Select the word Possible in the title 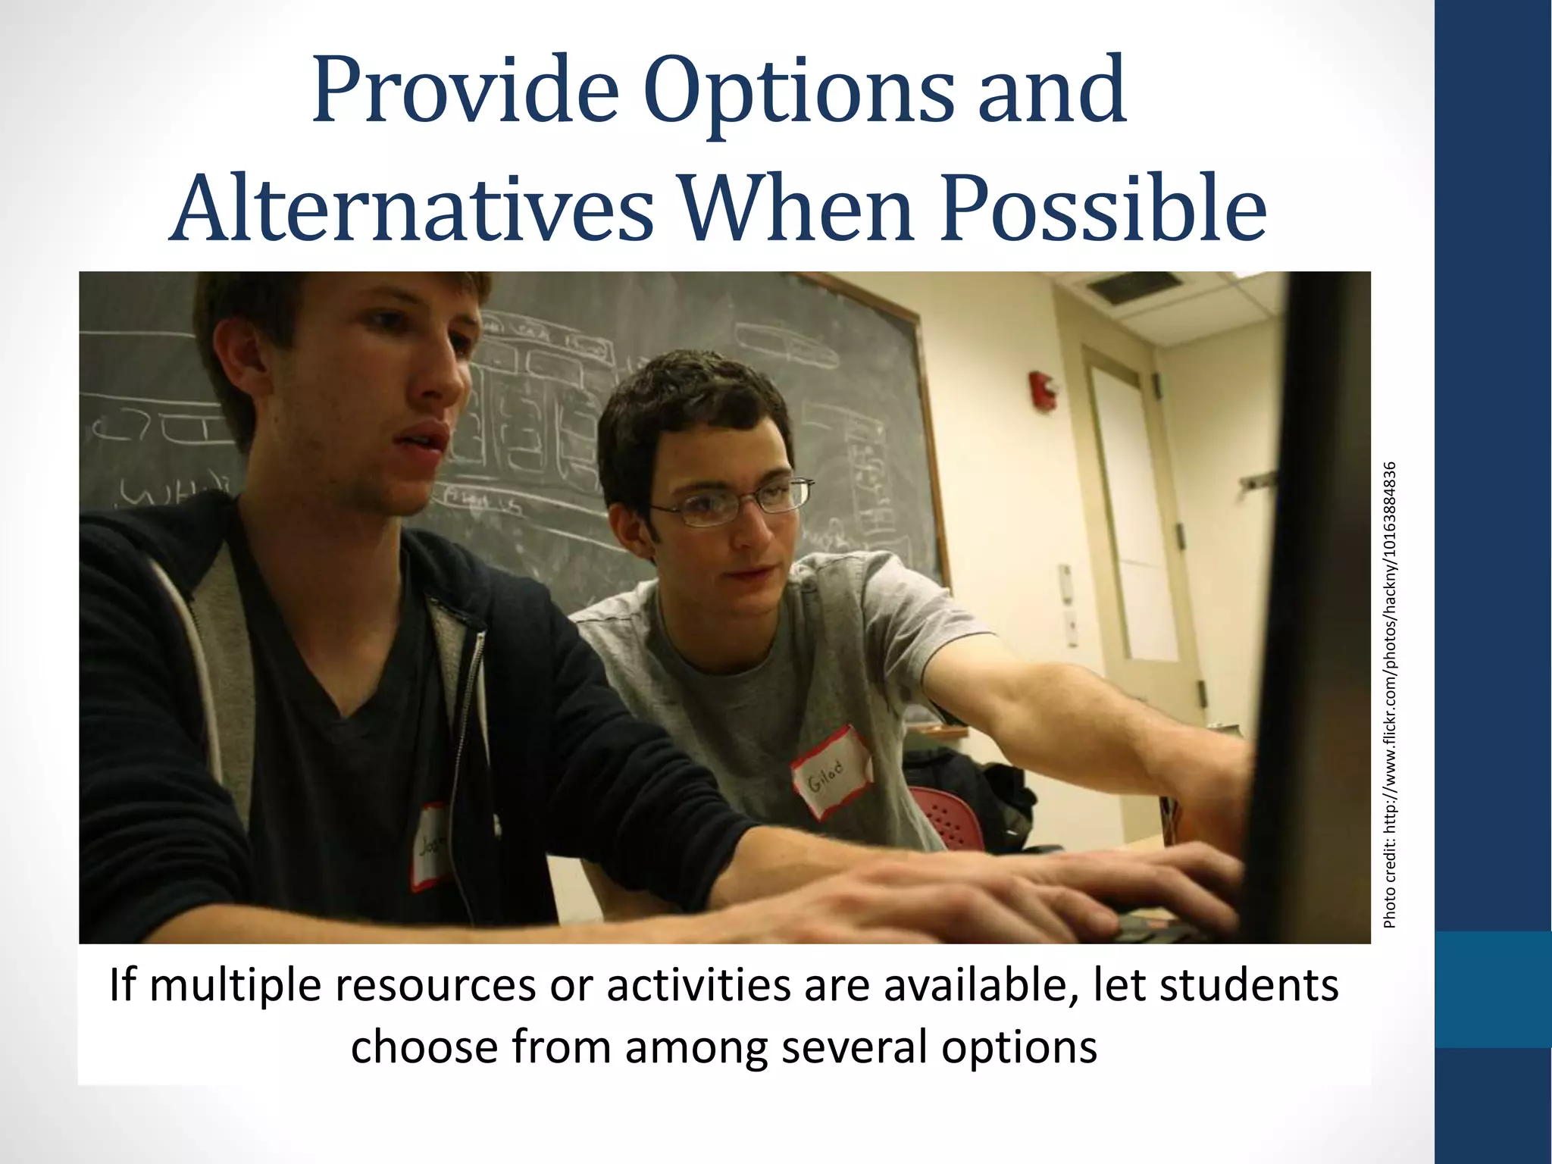[x=1103, y=209]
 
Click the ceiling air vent [x=1134, y=286]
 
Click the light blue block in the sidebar [x=1493, y=989]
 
